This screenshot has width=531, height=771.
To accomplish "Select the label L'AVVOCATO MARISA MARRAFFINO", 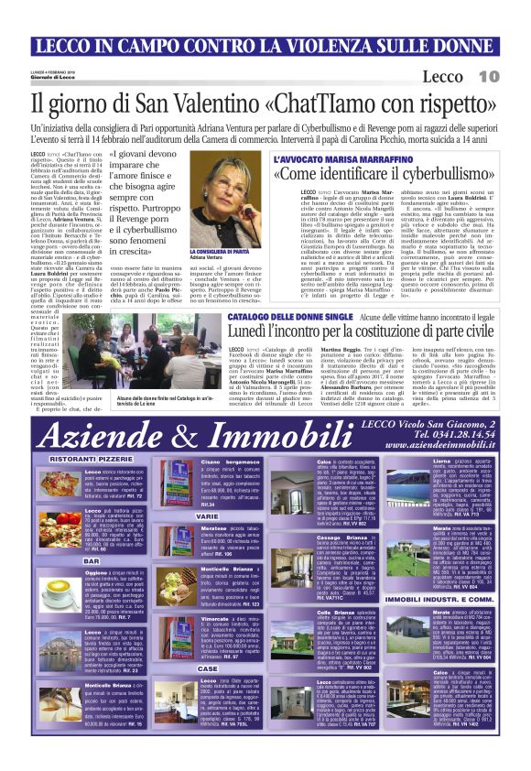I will [x=335, y=158].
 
